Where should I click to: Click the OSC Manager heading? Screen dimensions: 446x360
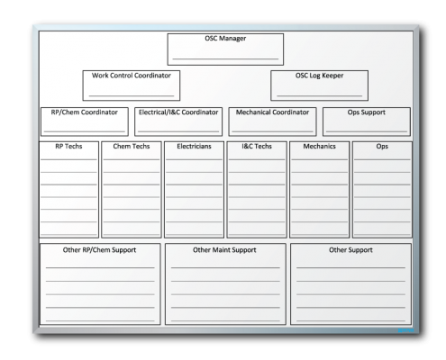225,39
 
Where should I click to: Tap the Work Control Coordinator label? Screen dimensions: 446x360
132,76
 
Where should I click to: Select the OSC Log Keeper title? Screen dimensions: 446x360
319,76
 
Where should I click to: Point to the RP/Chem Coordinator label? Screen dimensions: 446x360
84,112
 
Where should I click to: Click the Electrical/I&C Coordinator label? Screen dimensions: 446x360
178,112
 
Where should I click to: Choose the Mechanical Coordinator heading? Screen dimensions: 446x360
272,112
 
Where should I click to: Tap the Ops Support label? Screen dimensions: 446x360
367,112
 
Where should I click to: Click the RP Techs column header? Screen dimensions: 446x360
68,146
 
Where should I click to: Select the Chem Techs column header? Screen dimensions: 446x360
132,146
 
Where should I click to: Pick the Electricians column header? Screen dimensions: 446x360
194,146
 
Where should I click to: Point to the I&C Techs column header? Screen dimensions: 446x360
257,146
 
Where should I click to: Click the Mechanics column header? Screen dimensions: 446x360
319,146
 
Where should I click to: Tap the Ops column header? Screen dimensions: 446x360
382,147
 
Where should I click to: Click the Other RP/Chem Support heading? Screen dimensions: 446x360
99,250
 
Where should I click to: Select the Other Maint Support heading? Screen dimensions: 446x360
224,250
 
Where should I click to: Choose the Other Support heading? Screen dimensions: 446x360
350,250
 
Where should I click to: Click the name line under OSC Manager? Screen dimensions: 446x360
225,58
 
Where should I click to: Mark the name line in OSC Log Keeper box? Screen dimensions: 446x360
320,95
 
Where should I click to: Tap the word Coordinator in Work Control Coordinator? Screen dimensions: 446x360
152,76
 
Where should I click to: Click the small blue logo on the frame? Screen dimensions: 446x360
406,330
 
